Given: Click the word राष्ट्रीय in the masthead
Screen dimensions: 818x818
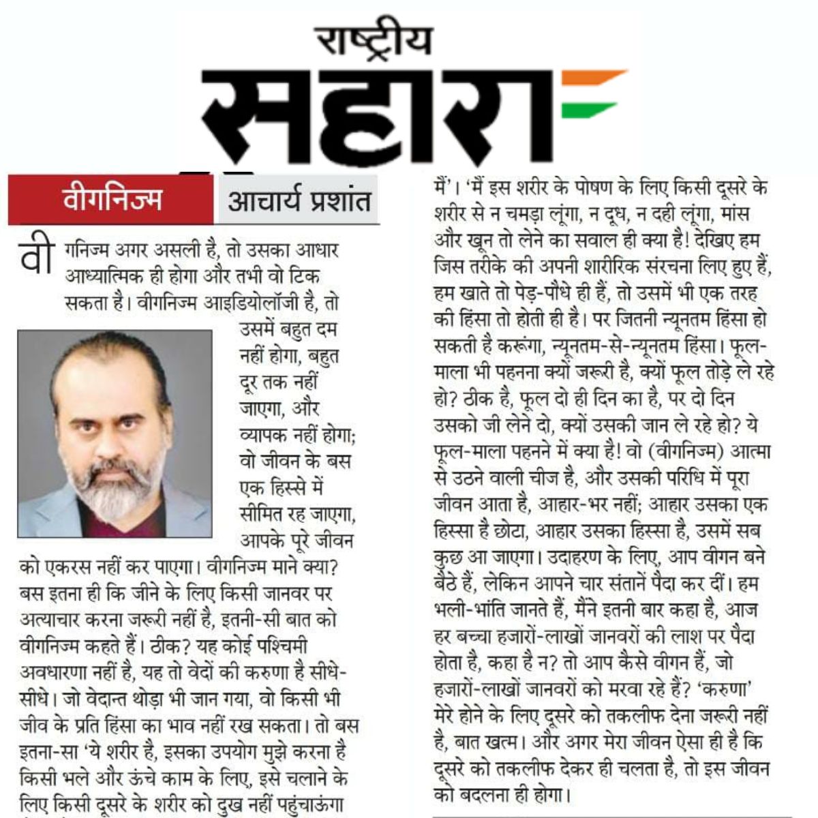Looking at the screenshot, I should [x=373, y=41].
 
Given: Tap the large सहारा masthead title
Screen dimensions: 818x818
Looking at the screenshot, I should [x=382, y=116].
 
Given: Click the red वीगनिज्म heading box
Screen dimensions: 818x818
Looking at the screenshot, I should [x=111, y=201].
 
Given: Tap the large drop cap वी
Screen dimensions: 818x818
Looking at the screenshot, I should [x=35, y=255].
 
